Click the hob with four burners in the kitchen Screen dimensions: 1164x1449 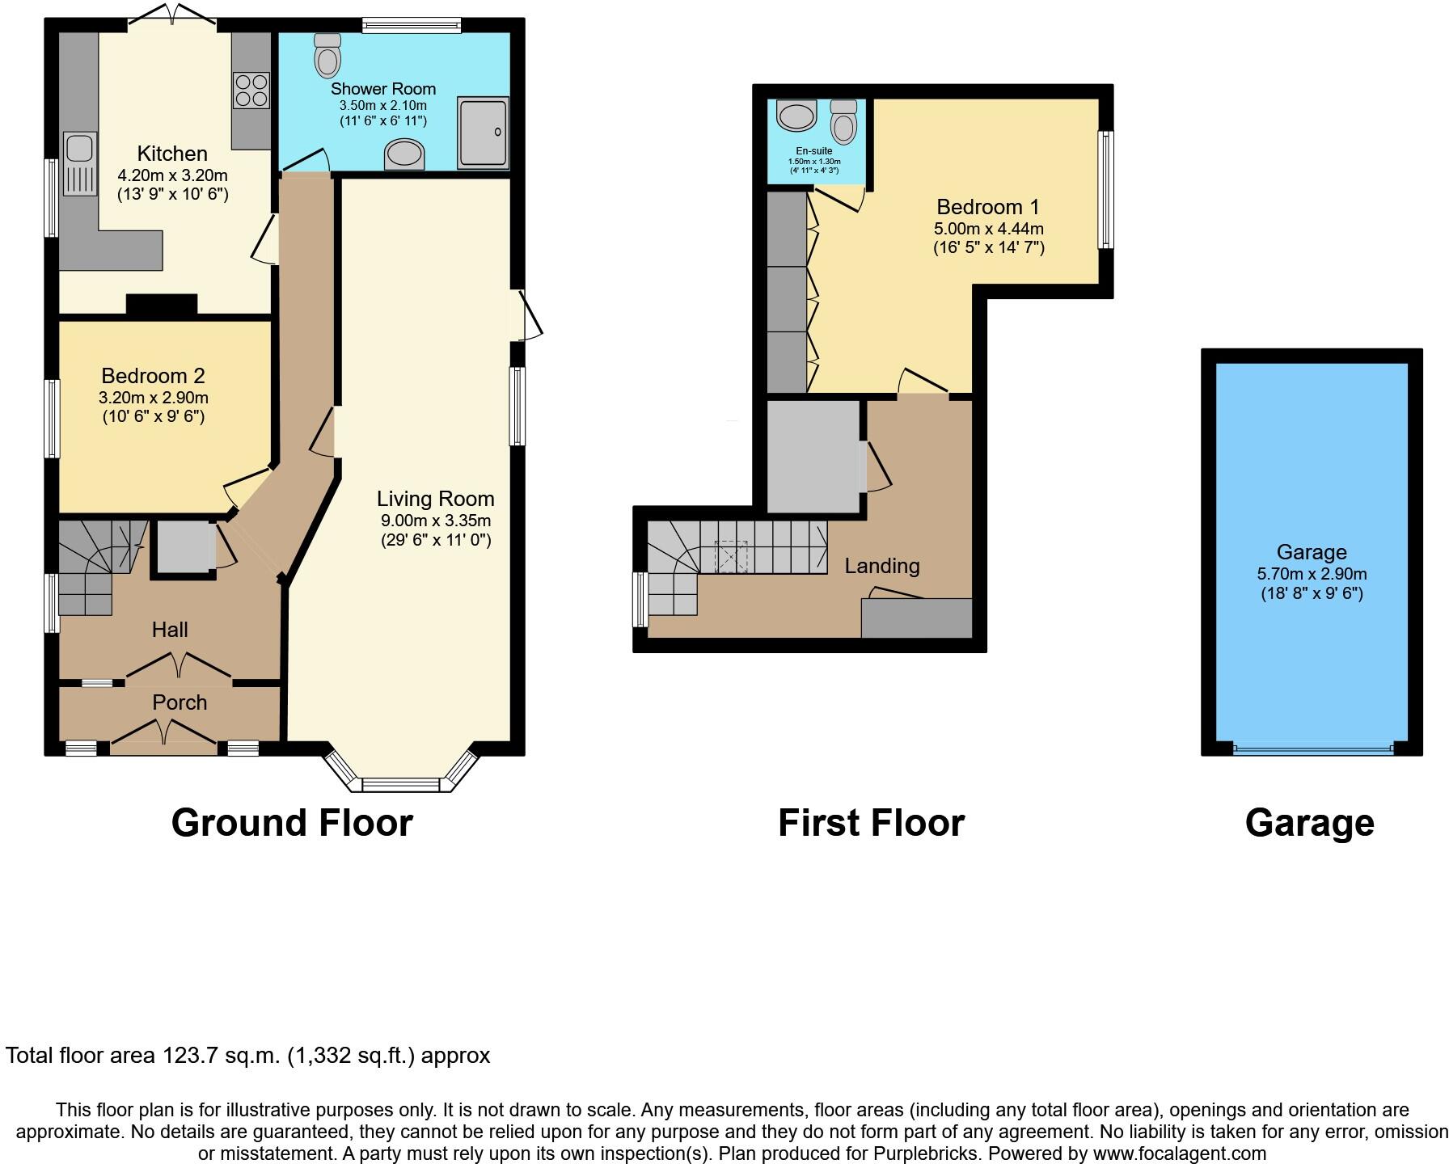click(x=251, y=90)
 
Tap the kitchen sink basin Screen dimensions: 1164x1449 click(x=79, y=149)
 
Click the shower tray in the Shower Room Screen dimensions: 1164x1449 click(x=484, y=133)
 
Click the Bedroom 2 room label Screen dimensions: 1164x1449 click(x=153, y=376)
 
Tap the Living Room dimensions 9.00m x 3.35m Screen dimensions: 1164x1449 click(x=436, y=521)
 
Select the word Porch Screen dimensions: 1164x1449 click(x=180, y=702)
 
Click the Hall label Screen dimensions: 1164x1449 click(x=170, y=630)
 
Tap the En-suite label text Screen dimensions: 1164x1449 click(x=814, y=151)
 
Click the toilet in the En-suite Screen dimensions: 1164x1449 click(x=844, y=123)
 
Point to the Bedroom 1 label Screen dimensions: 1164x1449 click(x=988, y=207)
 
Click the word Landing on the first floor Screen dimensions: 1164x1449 click(x=882, y=566)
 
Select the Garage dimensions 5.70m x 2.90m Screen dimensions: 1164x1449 click(x=1312, y=574)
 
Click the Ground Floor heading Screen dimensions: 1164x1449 click(x=292, y=823)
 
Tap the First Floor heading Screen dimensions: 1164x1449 click(x=871, y=823)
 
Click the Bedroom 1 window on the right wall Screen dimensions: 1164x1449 click(x=1105, y=190)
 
